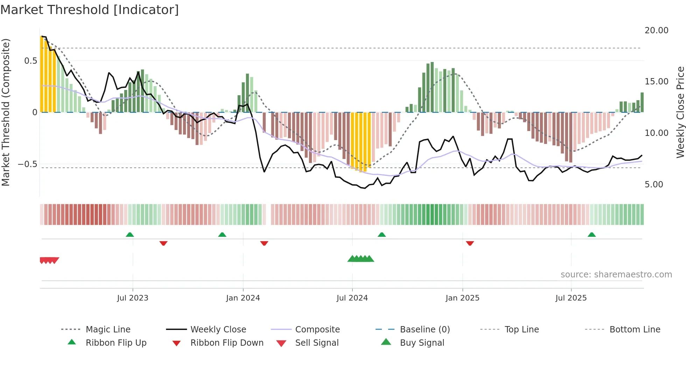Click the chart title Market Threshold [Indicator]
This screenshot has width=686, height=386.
click(90, 10)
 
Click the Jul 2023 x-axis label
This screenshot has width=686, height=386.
click(133, 298)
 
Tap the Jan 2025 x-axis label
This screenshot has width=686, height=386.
click(462, 298)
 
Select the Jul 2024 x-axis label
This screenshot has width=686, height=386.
click(352, 298)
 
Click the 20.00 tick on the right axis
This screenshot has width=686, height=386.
click(656, 30)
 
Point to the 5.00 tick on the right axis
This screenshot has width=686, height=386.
click(653, 185)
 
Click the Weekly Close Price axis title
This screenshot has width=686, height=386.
click(680, 112)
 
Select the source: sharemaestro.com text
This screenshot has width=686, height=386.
click(616, 274)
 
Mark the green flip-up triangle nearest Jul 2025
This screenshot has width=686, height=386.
click(591, 235)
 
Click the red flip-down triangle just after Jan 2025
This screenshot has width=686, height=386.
click(470, 243)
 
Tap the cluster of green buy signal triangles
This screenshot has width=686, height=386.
click(361, 259)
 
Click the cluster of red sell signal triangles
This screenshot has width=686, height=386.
click(49, 260)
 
